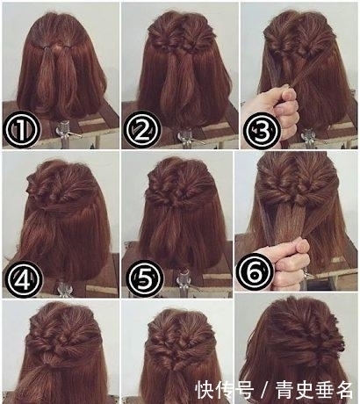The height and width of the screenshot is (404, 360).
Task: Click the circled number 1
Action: click(21, 129)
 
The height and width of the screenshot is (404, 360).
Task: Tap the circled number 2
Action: click(142, 129)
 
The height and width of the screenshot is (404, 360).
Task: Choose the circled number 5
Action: click(145, 278)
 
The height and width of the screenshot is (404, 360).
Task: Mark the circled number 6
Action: click(255, 272)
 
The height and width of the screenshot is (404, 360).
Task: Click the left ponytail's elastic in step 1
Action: click(45, 47)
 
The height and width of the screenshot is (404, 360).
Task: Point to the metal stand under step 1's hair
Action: click(67, 134)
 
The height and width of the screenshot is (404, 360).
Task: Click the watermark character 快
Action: click(205, 389)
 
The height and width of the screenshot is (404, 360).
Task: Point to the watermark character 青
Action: click(284, 389)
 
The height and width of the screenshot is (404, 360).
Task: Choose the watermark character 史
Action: click(305, 389)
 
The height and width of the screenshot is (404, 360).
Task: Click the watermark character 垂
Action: click(324, 389)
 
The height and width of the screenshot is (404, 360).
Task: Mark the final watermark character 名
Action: click(343, 389)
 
